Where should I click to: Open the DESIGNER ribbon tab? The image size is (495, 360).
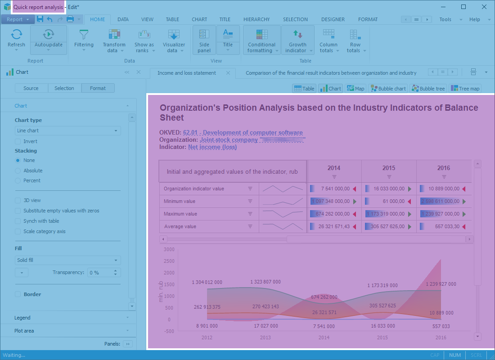point(333,19)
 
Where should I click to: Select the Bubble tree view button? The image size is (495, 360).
point(428,89)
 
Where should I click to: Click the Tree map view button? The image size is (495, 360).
point(465,89)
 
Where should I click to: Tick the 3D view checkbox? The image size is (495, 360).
point(18,200)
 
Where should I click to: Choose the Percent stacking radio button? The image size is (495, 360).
point(18,180)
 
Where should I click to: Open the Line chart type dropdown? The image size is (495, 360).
point(68,130)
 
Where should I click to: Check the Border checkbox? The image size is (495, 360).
point(18,294)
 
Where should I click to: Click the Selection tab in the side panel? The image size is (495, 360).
point(64,88)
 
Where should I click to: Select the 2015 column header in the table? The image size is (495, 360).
point(389,168)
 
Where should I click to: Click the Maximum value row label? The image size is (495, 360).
point(180,214)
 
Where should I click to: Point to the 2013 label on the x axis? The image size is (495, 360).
point(265,337)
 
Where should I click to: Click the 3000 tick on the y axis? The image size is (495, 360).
point(169,249)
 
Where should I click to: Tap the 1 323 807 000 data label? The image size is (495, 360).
point(265,282)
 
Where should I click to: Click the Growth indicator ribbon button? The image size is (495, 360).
point(297,41)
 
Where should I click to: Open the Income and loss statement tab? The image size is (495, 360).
point(187,73)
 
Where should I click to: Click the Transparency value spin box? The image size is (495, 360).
point(100,273)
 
